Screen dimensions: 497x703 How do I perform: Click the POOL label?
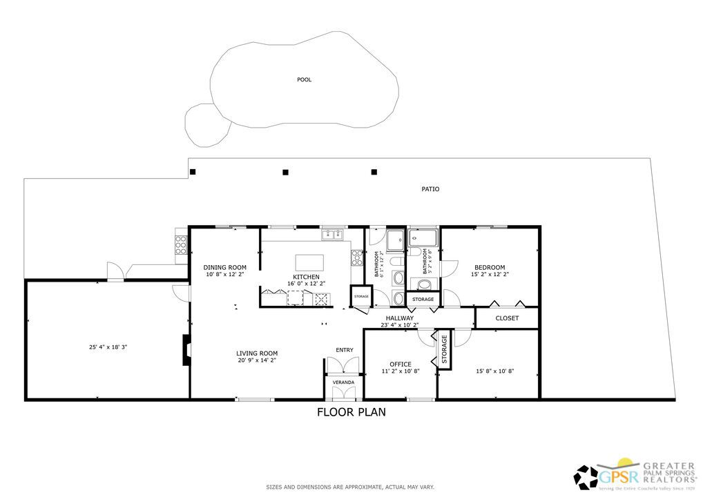[304, 79]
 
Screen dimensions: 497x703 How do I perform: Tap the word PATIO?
[430, 189]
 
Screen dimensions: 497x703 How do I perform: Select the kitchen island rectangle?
[309, 262]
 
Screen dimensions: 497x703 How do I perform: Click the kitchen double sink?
[331, 235]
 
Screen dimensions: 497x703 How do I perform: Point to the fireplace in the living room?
[185, 350]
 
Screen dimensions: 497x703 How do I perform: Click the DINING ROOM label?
[224, 268]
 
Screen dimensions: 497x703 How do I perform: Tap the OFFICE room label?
[400, 364]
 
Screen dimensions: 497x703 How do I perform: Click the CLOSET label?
[507, 318]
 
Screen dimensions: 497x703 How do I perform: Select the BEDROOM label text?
[489, 268]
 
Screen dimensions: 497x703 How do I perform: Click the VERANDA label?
[343, 382]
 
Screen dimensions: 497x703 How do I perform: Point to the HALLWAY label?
[399, 318]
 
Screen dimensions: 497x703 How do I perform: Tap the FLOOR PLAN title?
[351, 413]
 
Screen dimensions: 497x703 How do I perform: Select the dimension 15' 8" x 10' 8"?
[494, 371]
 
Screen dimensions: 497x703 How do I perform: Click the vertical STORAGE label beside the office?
[444, 349]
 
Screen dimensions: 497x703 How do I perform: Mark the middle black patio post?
[285, 172]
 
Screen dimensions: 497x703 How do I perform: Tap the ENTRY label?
[344, 350]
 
